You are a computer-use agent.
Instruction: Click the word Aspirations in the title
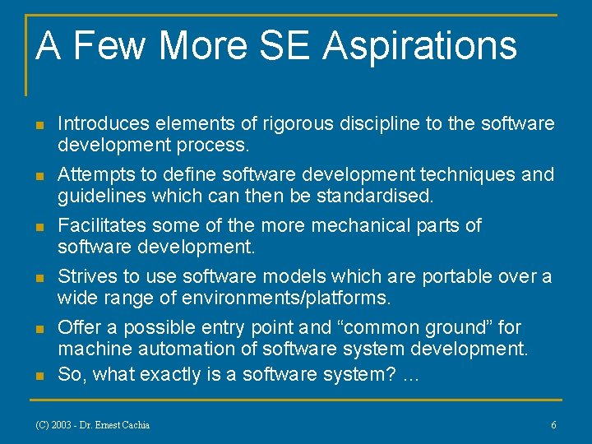419,46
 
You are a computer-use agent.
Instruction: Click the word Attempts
92,174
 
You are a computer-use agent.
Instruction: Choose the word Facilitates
97,225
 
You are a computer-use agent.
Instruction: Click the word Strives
85,276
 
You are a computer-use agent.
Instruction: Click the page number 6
553,425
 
